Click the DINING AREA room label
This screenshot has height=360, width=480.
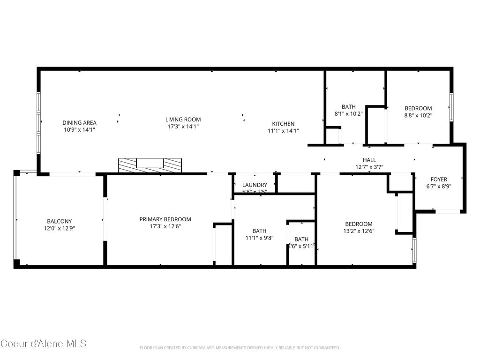click(80, 123)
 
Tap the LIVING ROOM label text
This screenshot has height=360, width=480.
click(183, 120)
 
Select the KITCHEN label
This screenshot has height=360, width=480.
click(283, 124)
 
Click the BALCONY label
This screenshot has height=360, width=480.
click(59, 221)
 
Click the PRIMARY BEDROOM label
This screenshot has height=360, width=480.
click(165, 219)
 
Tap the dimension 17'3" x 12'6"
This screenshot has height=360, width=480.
click(165, 226)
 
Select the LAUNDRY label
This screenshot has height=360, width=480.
click(255, 185)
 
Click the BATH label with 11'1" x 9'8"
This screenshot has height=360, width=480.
click(259, 231)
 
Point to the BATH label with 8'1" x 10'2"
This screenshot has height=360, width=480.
click(348, 107)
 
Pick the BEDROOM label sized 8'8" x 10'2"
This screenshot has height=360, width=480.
click(418, 108)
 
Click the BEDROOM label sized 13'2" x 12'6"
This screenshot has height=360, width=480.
click(359, 224)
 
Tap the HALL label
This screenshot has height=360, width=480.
click(369, 160)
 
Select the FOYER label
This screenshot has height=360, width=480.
click(439, 179)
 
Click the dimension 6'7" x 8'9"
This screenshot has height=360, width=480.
click(439, 186)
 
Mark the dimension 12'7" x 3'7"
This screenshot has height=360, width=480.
click(369, 167)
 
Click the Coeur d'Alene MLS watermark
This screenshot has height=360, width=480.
click(44, 344)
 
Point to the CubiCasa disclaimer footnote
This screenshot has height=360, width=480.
click(240, 348)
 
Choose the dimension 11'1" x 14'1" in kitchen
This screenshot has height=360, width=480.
click(283, 131)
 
